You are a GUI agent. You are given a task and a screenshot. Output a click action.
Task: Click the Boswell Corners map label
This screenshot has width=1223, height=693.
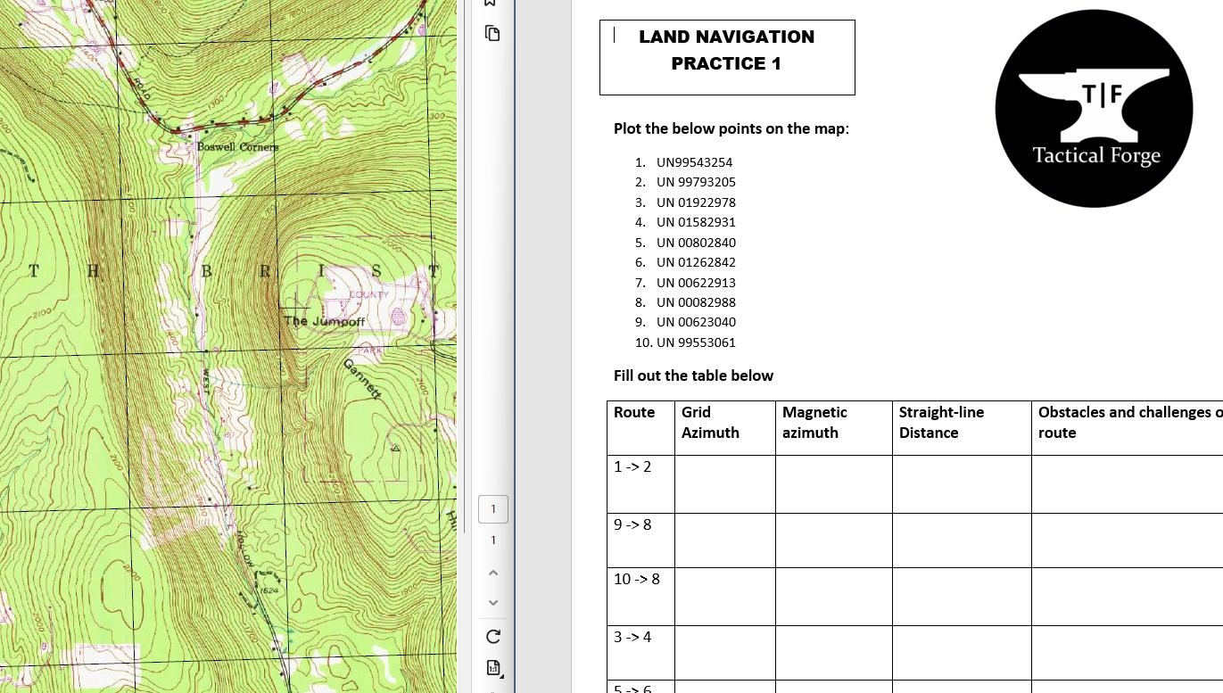click(x=237, y=146)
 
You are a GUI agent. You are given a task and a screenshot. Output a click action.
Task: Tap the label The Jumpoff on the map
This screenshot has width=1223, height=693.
click(x=324, y=321)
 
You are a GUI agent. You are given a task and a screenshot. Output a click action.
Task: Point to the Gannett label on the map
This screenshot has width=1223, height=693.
click(x=362, y=378)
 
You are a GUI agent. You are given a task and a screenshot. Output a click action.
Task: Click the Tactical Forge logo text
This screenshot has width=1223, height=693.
click(x=1095, y=156)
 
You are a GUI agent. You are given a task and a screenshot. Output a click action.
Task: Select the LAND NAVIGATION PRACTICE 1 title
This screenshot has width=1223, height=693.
click(x=726, y=50)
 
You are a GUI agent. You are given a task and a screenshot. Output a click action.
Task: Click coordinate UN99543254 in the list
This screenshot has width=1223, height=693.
click(x=694, y=162)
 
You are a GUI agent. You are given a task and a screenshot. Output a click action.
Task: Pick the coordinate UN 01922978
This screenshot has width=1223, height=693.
click(x=696, y=202)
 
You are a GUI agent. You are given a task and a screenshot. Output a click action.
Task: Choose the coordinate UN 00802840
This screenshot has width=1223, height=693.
click(x=696, y=243)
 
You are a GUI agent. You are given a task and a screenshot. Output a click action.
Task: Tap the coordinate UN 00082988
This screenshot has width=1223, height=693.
click(x=696, y=302)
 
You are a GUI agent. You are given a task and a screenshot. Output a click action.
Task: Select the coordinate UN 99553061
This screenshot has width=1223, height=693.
click(x=696, y=342)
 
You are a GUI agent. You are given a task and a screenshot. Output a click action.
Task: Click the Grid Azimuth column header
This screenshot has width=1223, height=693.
click(x=710, y=422)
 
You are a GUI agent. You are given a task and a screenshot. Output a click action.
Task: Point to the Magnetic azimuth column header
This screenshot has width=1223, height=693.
click(x=814, y=422)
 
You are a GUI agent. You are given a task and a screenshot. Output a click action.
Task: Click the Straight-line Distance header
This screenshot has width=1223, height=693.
click(x=941, y=422)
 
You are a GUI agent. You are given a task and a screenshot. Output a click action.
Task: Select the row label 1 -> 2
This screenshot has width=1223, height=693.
click(x=632, y=467)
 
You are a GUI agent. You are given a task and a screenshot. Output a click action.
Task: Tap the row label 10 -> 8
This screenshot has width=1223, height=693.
click(x=637, y=580)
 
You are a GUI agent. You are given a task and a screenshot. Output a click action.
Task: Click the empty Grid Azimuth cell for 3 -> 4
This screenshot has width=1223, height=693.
click(x=724, y=652)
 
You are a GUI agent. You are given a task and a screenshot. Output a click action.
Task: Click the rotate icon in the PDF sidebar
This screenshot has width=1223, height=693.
click(x=493, y=637)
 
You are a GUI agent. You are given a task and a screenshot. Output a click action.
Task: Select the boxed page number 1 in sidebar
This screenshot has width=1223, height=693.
click(x=493, y=509)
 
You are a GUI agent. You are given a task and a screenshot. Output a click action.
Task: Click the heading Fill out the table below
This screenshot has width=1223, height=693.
click(x=693, y=375)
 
